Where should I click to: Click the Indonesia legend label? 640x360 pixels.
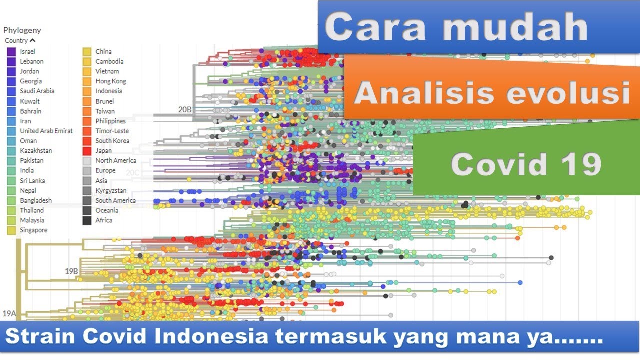click(x=108, y=91)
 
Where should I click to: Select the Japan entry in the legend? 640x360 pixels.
click(x=103, y=151)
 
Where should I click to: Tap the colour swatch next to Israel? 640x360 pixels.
click(x=11, y=52)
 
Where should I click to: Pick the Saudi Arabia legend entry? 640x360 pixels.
click(x=37, y=91)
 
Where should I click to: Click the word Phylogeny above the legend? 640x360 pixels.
click(x=22, y=30)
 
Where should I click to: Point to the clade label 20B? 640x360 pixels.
click(x=184, y=109)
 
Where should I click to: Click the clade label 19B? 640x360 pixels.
click(x=71, y=271)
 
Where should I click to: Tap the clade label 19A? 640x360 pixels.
click(x=9, y=314)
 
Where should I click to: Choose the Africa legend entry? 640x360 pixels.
click(x=103, y=220)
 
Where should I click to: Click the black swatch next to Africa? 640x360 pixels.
click(x=87, y=220)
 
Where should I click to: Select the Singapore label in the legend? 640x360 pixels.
click(x=33, y=230)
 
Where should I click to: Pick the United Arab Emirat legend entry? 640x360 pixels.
click(x=46, y=131)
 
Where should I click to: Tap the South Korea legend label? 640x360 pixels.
click(x=112, y=141)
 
